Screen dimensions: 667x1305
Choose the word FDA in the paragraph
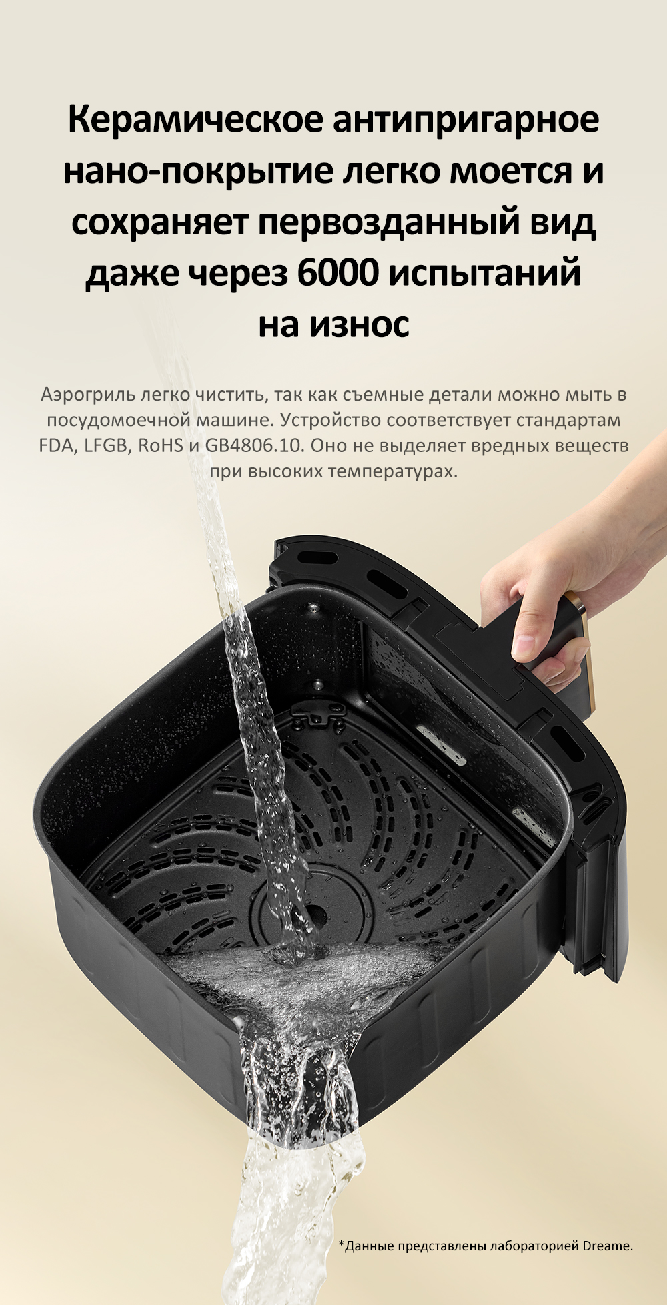click(x=56, y=445)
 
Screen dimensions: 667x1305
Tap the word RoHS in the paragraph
click(x=160, y=445)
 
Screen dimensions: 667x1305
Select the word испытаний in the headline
click(x=484, y=272)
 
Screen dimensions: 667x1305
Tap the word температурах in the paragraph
click(x=393, y=472)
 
